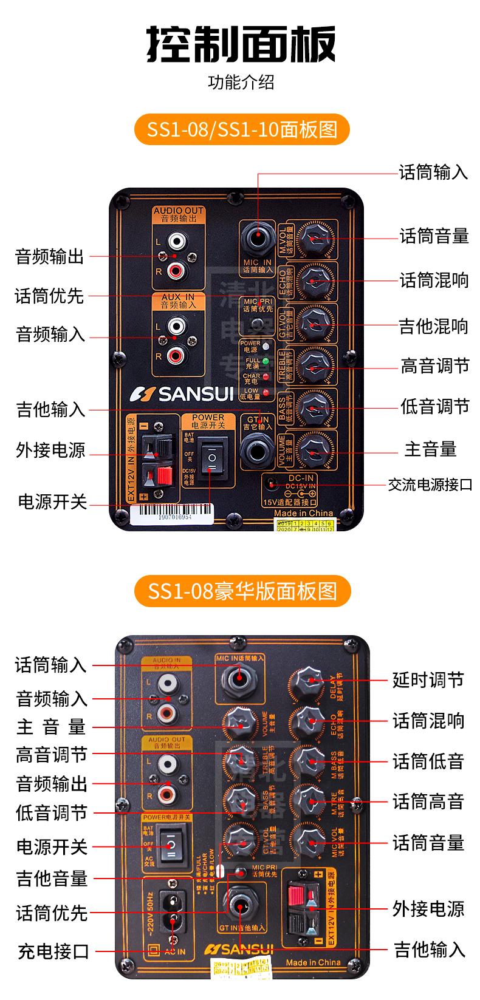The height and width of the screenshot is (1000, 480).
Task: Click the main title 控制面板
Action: coord(241,44)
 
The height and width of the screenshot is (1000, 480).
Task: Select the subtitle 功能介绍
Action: coord(241,82)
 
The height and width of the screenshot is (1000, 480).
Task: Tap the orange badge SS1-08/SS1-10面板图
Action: coord(242,129)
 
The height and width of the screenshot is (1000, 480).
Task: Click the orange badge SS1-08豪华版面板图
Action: coord(242,591)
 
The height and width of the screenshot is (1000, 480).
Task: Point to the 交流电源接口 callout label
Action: coord(430,485)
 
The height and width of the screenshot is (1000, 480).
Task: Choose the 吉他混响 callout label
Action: coord(433,327)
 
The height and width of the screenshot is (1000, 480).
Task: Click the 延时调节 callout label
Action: coord(428,680)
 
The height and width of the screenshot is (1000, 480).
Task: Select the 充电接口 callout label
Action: coord(53,951)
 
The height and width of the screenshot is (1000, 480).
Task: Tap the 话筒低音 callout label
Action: coord(428,761)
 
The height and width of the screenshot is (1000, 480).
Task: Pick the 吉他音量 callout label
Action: coord(52,878)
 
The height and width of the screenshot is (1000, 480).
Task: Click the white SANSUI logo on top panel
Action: coord(182,395)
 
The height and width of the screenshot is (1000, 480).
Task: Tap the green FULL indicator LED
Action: coord(266,361)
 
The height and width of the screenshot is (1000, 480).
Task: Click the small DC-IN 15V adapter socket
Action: coord(271,484)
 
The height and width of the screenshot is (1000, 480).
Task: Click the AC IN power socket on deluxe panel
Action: coord(172,912)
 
